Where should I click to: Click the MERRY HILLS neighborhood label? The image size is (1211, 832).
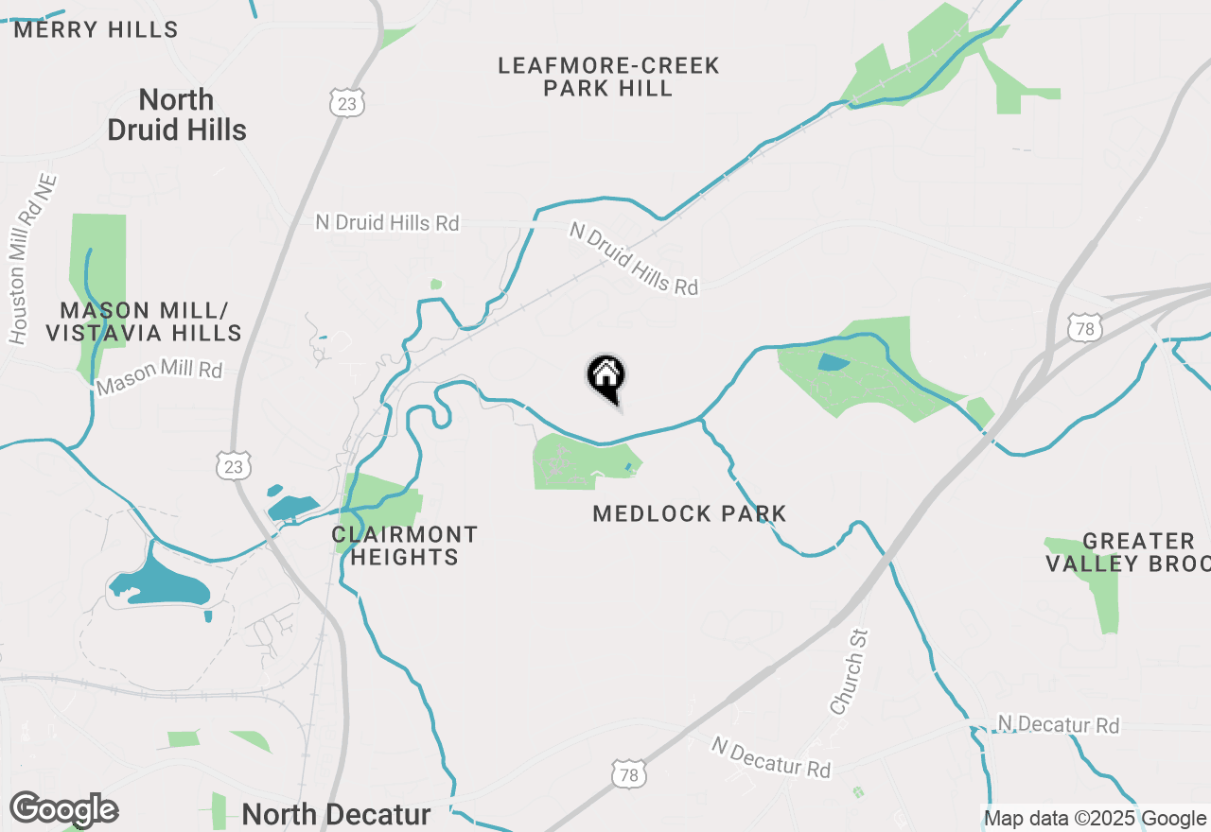click(96, 29)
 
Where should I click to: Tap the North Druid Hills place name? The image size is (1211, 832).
click(177, 114)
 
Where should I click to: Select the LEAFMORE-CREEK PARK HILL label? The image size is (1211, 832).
click(608, 78)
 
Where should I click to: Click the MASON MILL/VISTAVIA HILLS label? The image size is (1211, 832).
click(144, 321)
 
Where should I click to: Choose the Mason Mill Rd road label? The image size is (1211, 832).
click(159, 378)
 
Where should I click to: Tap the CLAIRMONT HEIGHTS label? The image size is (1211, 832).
click(405, 546)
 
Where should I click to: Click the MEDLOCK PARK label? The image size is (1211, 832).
click(690, 514)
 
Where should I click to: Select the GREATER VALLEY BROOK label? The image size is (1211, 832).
click(1135, 552)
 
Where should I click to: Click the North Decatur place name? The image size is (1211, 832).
click(336, 814)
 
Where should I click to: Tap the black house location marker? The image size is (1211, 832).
click(606, 376)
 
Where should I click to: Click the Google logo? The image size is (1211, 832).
click(63, 810)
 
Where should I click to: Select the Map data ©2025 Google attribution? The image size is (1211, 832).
click(1095, 818)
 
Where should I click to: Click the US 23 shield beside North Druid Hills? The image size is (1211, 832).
click(347, 103)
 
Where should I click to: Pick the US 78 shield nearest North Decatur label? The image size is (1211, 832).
click(629, 772)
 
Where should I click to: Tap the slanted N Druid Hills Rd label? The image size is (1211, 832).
click(634, 258)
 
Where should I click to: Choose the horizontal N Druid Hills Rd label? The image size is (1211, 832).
click(387, 223)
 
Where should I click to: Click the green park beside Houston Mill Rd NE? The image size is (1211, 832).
click(99, 274)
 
